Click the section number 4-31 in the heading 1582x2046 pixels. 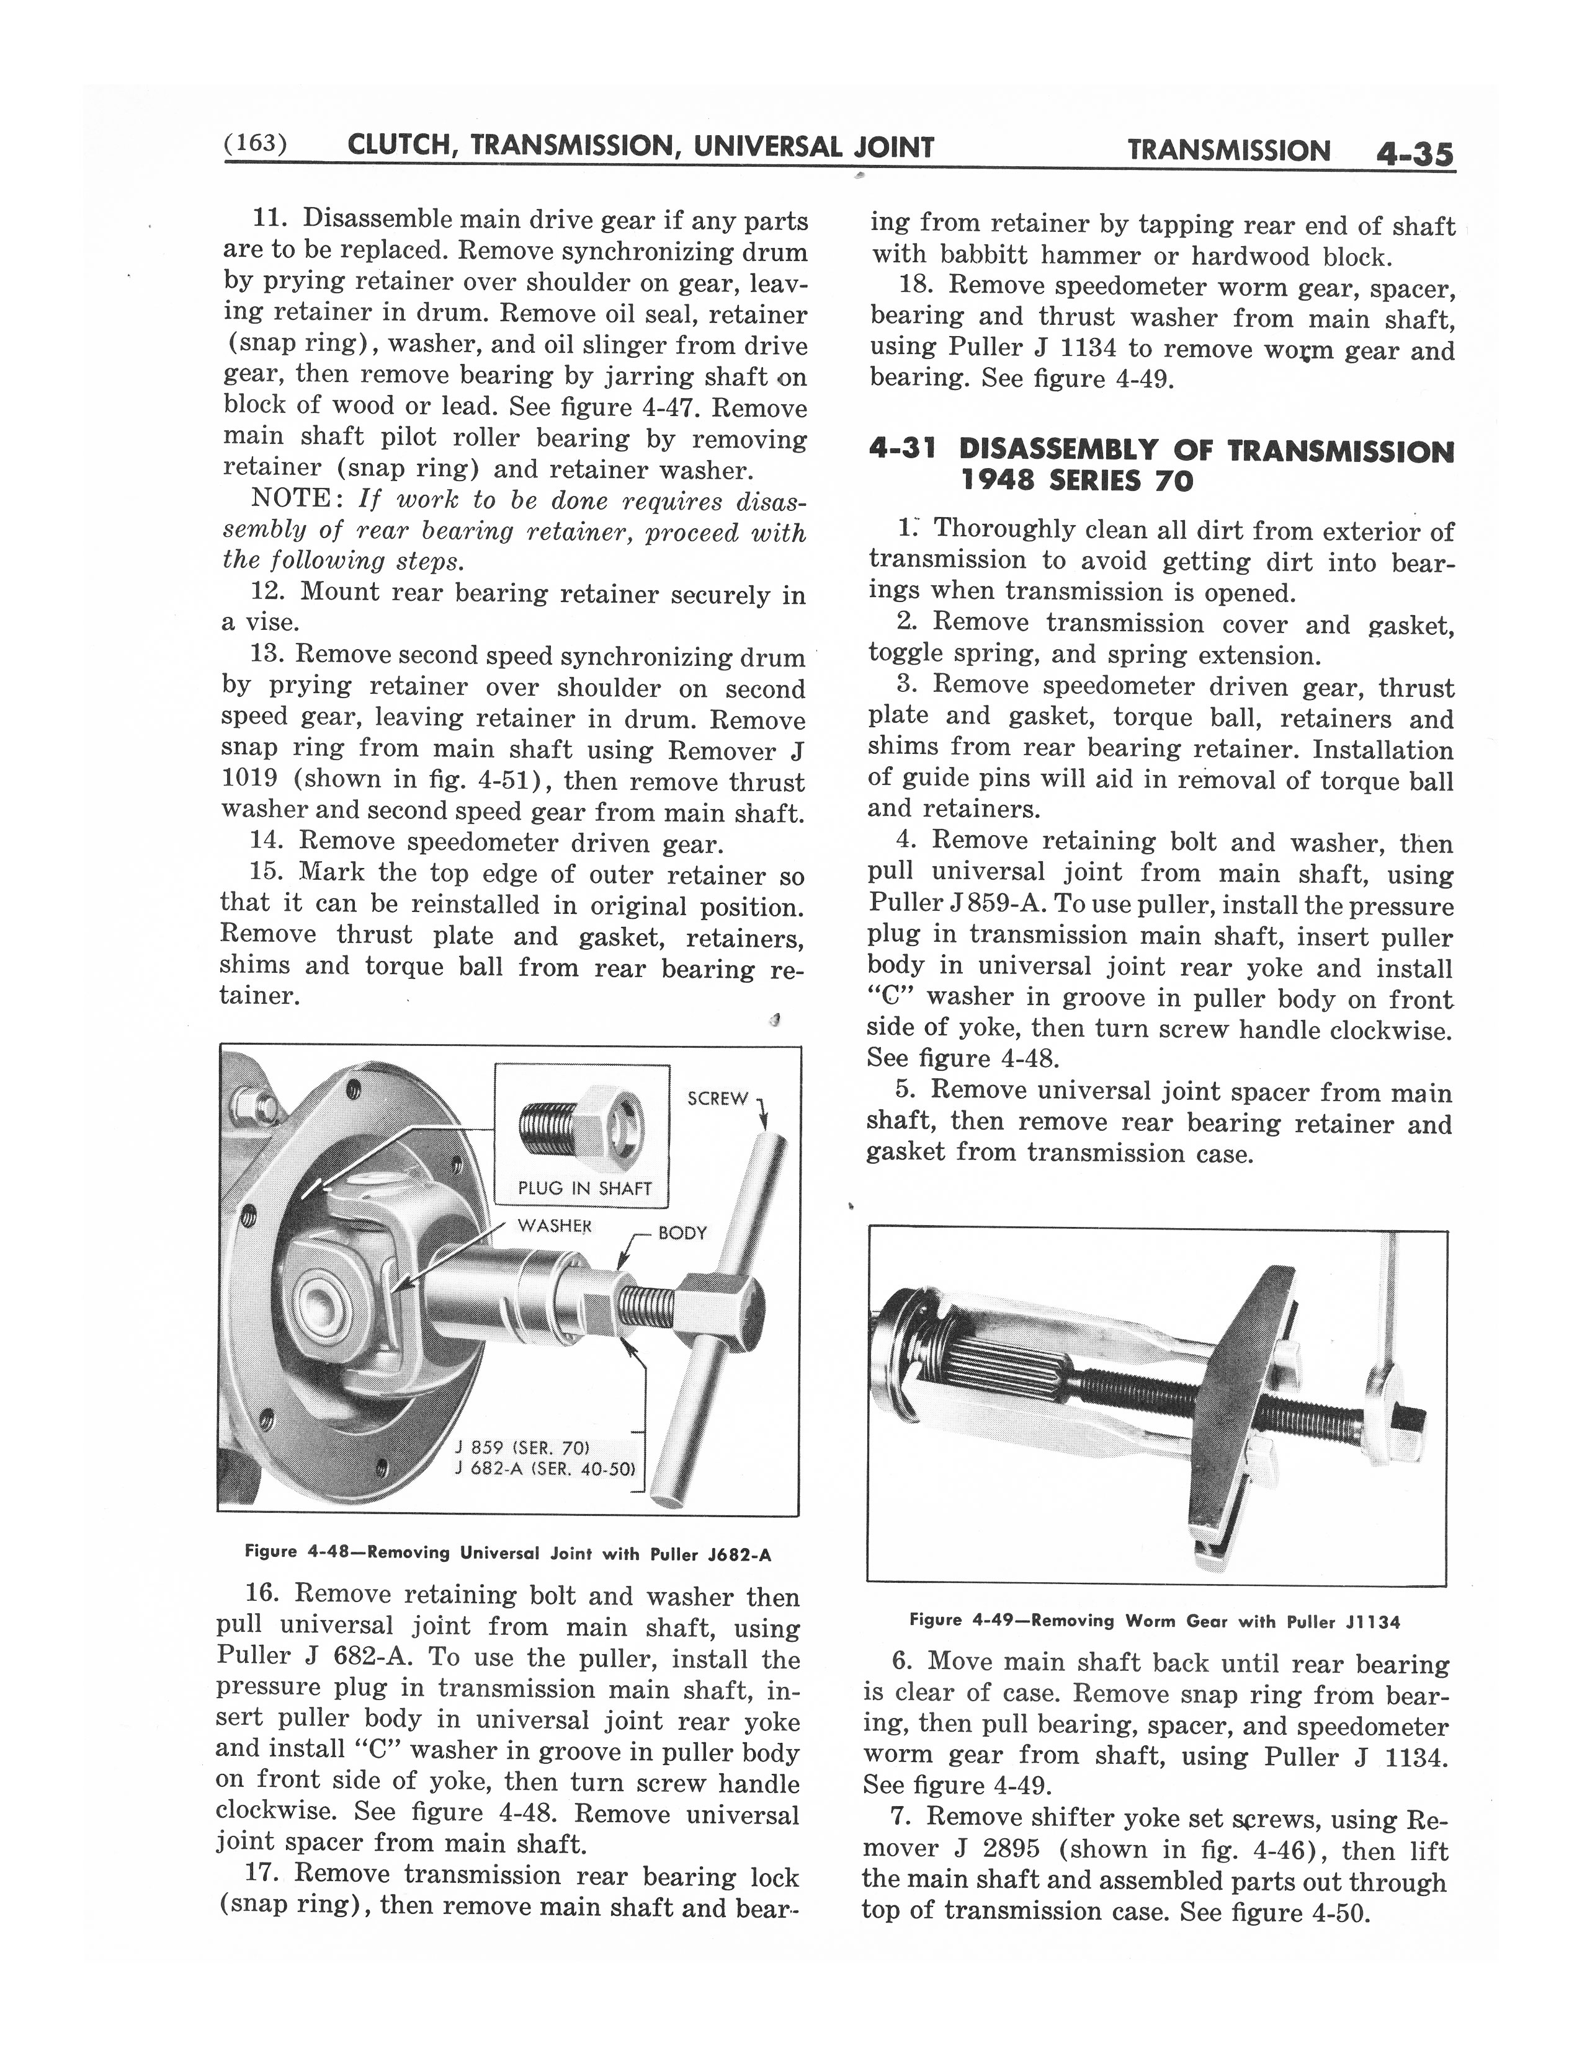[x=905, y=451]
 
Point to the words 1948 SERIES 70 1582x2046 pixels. [x=1077, y=482]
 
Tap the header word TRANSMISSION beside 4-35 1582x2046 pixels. [x=1228, y=151]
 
